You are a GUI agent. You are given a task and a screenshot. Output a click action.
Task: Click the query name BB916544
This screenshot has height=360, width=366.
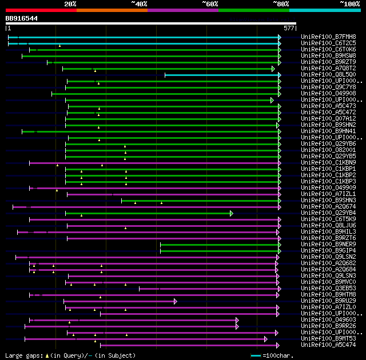(22, 18)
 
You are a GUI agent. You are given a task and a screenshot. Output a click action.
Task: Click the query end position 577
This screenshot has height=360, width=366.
(288, 27)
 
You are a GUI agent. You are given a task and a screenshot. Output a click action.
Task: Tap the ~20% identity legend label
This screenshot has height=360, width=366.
(70, 3)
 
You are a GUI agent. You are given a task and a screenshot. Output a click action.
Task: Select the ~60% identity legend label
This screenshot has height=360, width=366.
(210, 3)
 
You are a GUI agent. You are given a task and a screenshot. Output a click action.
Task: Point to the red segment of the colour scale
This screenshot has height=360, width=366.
(41, 10)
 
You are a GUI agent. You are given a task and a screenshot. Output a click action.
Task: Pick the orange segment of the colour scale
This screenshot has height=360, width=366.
(112, 10)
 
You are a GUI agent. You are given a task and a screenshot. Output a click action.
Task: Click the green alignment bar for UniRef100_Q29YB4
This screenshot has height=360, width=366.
(149, 213)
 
